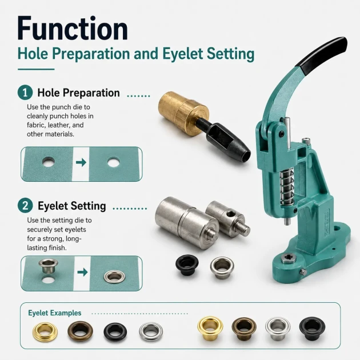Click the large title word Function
[x=73, y=29]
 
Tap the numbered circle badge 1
[x=25, y=93]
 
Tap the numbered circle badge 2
[x=25, y=206]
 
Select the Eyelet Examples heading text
[x=55, y=313]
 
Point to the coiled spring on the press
[x=287, y=186]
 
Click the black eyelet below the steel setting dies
[x=187, y=265]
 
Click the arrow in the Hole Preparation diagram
[x=81, y=162]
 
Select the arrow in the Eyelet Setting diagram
[x=82, y=273]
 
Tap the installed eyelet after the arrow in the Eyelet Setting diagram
[x=114, y=277]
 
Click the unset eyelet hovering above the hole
[x=48, y=266]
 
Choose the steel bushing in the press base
[x=289, y=258]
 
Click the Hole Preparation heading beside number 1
[x=78, y=93]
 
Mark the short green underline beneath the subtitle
[x=36, y=69]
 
